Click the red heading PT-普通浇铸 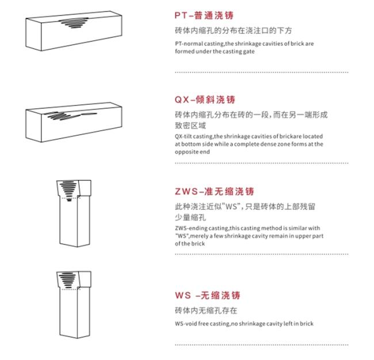pos(204,16)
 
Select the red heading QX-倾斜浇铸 pos(205,99)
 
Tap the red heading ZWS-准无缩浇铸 pos(214,191)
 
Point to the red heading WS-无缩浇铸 pos(208,295)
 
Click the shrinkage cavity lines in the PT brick pos(74,23)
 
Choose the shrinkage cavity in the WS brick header pos(67,280)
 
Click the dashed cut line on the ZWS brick pos(71,198)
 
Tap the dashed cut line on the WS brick pos(71,289)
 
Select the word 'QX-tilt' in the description pos(183,136)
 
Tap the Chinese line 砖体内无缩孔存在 pos(206,311)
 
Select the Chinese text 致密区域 pos(190,125)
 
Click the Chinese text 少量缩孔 pos(190,217)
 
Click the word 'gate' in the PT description pos(249,52)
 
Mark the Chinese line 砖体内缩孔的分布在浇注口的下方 pos(233,30)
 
